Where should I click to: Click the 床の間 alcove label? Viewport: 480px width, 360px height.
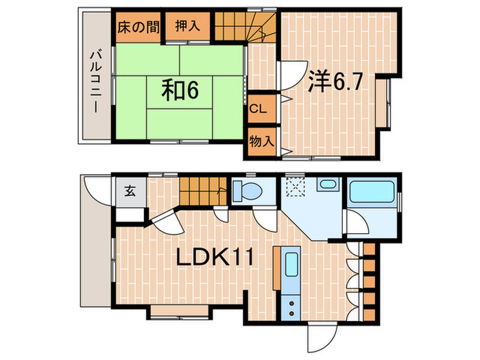pyautogui.click(x=139, y=27)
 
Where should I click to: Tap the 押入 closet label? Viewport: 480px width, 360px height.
pyautogui.click(x=188, y=26)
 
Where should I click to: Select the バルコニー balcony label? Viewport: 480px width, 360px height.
pyautogui.click(x=95, y=82)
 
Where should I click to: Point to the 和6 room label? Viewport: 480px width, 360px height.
pyautogui.click(x=180, y=90)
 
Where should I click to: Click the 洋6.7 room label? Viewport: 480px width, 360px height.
pyautogui.click(x=335, y=81)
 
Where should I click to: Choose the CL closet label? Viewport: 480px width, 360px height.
pyautogui.click(x=258, y=108)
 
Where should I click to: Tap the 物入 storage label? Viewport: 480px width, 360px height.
pyautogui.click(x=261, y=141)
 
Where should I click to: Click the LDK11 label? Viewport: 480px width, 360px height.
pyautogui.click(x=215, y=257)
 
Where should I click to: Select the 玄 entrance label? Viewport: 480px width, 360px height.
pyautogui.click(x=130, y=191)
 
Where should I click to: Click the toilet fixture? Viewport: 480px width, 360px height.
pyautogui.click(x=248, y=190)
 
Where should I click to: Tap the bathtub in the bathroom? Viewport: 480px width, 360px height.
pyautogui.click(x=372, y=191)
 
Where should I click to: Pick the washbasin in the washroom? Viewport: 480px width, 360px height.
pyautogui.click(x=328, y=184)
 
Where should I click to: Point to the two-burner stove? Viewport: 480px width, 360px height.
pyautogui.click(x=291, y=308)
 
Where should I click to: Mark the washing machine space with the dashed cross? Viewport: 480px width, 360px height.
pyautogui.click(x=295, y=187)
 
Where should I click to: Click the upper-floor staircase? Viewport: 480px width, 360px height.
pyautogui.click(x=245, y=26)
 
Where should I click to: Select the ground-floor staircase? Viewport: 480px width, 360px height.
pyautogui.click(x=203, y=191)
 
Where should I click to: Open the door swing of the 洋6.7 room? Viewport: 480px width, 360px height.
pyautogui.click(x=293, y=75)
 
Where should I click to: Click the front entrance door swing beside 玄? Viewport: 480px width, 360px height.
pyautogui.click(x=94, y=191)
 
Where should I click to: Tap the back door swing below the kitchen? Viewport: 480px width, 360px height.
pyautogui.click(x=322, y=337)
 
